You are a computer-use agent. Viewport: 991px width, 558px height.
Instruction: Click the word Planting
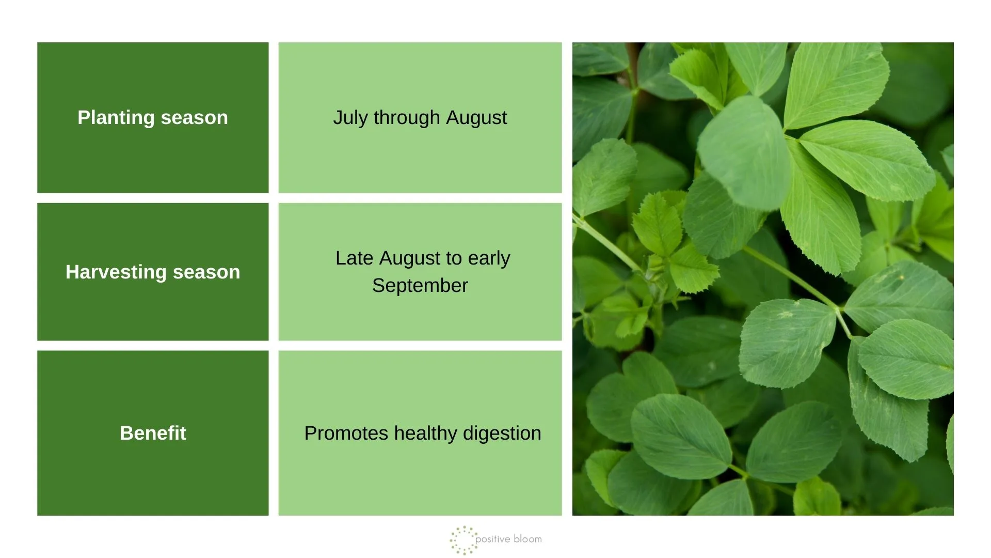(x=116, y=118)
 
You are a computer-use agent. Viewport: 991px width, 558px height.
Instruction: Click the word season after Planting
(x=194, y=118)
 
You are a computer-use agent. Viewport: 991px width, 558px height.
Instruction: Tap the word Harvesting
(x=116, y=272)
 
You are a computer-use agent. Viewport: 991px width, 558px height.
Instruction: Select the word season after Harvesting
(x=206, y=272)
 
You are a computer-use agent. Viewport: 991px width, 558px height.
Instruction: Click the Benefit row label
(x=153, y=433)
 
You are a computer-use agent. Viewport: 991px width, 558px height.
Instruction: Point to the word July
(x=350, y=118)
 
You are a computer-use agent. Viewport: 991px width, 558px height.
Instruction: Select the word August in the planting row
(x=476, y=118)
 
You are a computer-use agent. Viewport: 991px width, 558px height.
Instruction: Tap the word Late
(x=354, y=258)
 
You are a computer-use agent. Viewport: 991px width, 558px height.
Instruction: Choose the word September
(x=420, y=286)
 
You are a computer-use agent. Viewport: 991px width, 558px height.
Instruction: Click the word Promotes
(x=346, y=433)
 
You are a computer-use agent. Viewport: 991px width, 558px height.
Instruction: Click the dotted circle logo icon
(x=463, y=540)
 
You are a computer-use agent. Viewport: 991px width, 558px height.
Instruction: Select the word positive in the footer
(x=493, y=539)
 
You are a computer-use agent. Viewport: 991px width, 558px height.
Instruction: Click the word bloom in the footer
(x=528, y=539)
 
